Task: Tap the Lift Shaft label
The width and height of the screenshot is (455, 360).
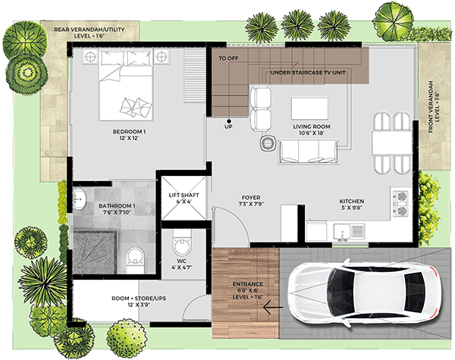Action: [184, 199]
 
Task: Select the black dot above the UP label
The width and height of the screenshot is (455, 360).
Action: [229, 121]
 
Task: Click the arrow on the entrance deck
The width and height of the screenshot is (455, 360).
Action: [273, 307]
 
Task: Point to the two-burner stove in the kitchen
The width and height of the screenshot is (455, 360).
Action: [401, 203]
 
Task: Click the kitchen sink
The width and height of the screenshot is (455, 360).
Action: [349, 232]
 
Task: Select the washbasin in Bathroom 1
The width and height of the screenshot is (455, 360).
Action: [79, 199]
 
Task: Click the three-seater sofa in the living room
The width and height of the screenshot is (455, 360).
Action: [308, 152]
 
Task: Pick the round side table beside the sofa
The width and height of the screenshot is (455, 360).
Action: [267, 143]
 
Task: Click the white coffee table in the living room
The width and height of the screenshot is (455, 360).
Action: [309, 108]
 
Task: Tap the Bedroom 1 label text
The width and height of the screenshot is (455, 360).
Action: [129, 135]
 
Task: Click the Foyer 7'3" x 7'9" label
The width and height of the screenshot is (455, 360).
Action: [251, 201]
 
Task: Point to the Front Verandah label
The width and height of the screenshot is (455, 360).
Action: [434, 107]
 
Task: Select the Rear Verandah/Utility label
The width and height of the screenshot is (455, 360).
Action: [89, 33]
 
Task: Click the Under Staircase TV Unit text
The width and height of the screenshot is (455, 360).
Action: [308, 73]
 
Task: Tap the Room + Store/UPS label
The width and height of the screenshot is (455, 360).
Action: [139, 302]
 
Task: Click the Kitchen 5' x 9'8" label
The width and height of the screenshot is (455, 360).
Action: [352, 204]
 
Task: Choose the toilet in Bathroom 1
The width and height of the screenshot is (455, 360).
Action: [135, 259]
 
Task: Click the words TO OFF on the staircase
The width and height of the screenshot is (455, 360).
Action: [228, 58]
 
